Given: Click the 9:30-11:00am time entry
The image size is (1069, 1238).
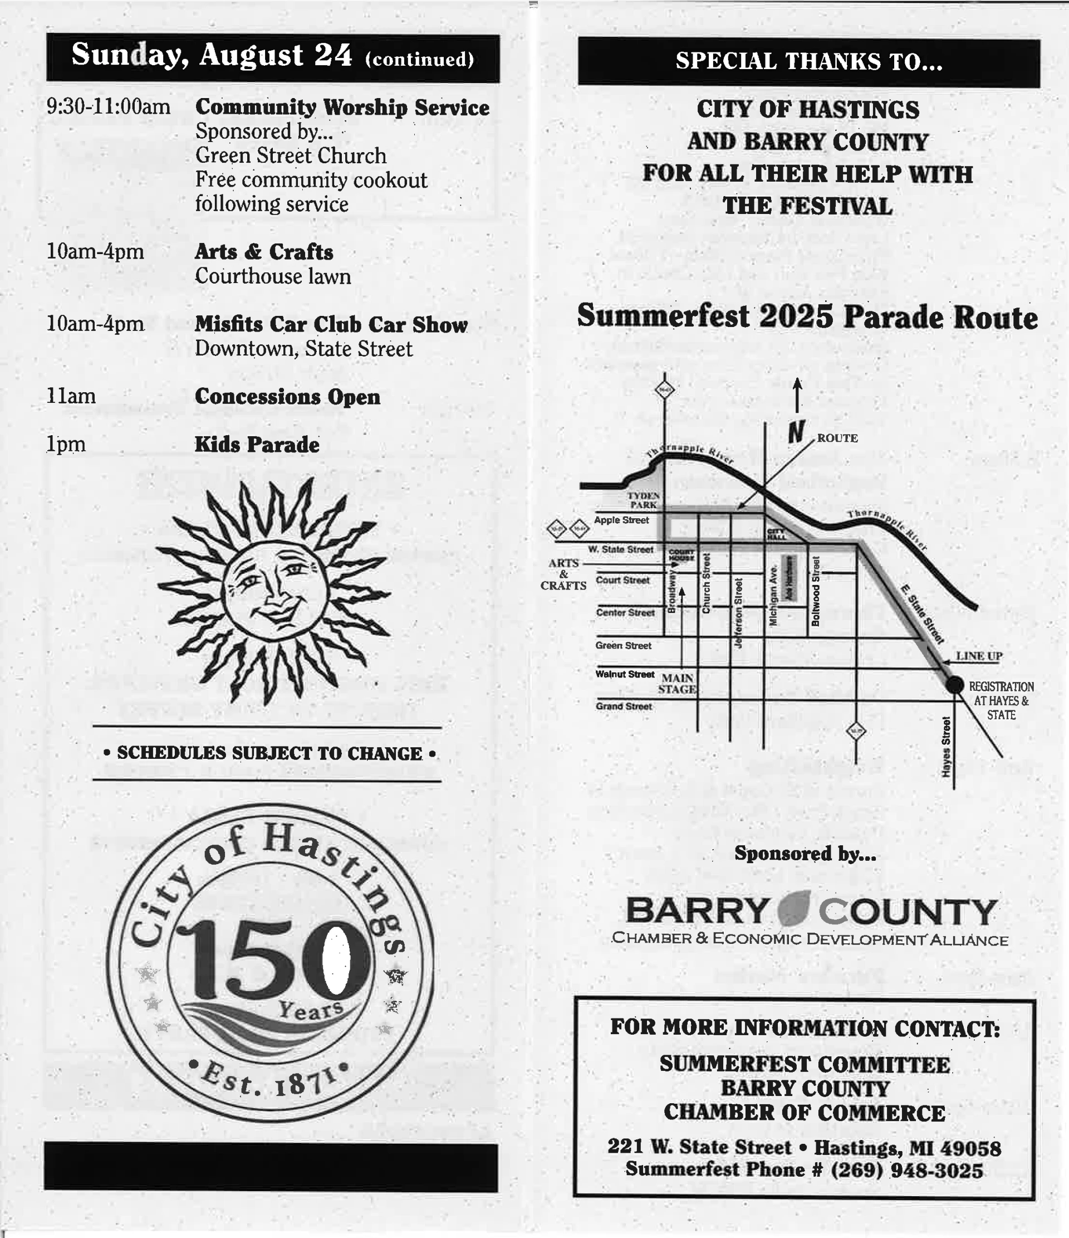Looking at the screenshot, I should (x=108, y=107).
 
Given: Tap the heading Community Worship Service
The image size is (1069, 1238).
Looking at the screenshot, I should (x=342, y=108).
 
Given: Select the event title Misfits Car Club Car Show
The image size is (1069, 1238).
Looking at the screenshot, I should (x=331, y=324).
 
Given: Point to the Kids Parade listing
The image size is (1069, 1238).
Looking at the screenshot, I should (x=257, y=445).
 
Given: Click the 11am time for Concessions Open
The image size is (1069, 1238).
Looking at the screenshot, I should (x=71, y=396).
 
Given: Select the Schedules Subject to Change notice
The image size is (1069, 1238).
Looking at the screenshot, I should (x=269, y=753).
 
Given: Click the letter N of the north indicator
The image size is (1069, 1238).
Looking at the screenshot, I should (x=796, y=431).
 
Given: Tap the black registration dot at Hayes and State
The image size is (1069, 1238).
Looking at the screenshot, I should (x=954, y=685).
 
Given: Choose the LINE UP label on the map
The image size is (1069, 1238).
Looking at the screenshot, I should (x=979, y=656).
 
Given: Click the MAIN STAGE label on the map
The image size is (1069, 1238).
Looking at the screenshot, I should (x=677, y=684).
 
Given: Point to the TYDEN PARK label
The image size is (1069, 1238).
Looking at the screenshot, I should (x=643, y=500).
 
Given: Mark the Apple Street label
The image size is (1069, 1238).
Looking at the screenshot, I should (x=621, y=520).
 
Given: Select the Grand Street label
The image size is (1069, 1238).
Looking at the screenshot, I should (x=624, y=706).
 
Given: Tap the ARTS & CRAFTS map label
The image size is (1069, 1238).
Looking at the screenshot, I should (x=563, y=574).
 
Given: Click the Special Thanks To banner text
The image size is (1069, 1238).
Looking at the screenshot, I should (x=808, y=61).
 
